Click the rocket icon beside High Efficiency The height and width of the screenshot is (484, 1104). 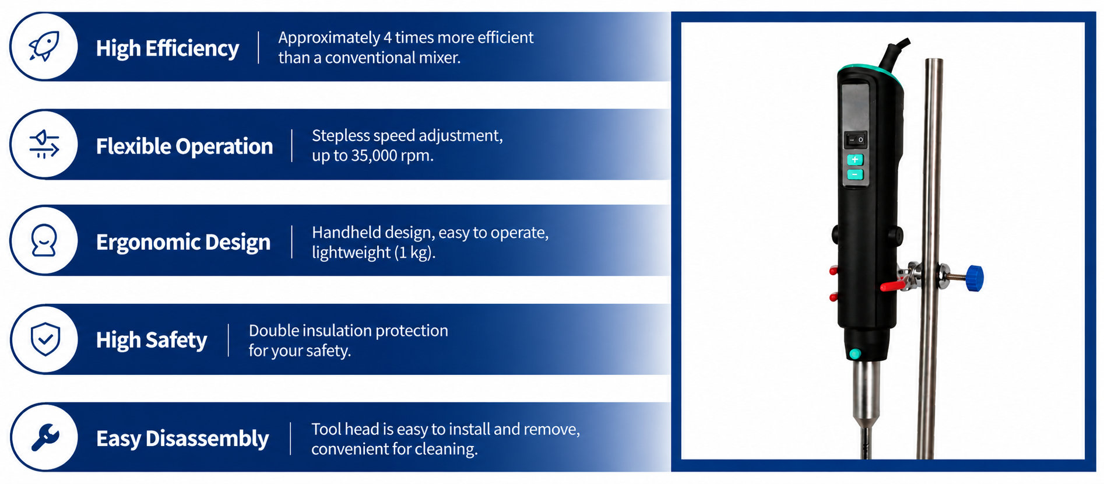coord(44,46)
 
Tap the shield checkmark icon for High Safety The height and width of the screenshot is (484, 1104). coord(45,339)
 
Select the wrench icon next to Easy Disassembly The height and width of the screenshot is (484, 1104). coord(45,437)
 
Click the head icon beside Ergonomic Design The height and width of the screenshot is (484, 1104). coord(44,241)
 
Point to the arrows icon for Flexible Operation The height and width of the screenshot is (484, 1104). coord(44,144)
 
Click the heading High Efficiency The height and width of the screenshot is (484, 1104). coord(167,48)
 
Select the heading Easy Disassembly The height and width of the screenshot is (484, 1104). coord(182,439)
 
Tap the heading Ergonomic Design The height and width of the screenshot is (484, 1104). coord(183,242)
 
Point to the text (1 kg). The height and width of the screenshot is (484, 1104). coord(414,252)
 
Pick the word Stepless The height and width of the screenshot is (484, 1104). coord(340,136)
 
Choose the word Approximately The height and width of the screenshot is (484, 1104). coord(329,38)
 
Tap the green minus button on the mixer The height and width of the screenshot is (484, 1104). coord(855,174)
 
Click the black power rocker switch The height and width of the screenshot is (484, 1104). coord(855,140)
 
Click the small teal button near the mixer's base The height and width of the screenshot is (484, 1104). coord(855,353)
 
